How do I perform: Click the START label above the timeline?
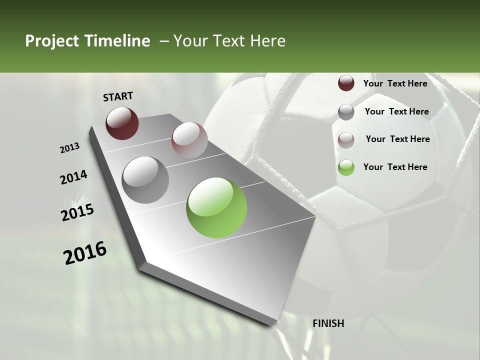(x=118, y=96)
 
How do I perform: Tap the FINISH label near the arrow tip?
(x=328, y=323)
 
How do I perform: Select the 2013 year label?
(x=70, y=148)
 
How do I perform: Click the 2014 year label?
(x=73, y=177)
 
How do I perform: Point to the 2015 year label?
(x=77, y=212)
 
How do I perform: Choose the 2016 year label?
(x=85, y=252)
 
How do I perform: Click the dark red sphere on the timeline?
(x=122, y=123)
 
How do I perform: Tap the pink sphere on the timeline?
(x=189, y=140)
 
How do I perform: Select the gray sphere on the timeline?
(x=145, y=180)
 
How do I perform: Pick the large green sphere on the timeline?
(x=216, y=207)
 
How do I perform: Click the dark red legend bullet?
(x=346, y=83)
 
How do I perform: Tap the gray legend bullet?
(x=346, y=112)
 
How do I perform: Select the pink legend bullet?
(x=346, y=140)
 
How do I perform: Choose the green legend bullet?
(x=346, y=167)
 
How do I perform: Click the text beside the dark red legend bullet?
(x=395, y=83)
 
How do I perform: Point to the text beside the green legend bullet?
(x=395, y=167)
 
